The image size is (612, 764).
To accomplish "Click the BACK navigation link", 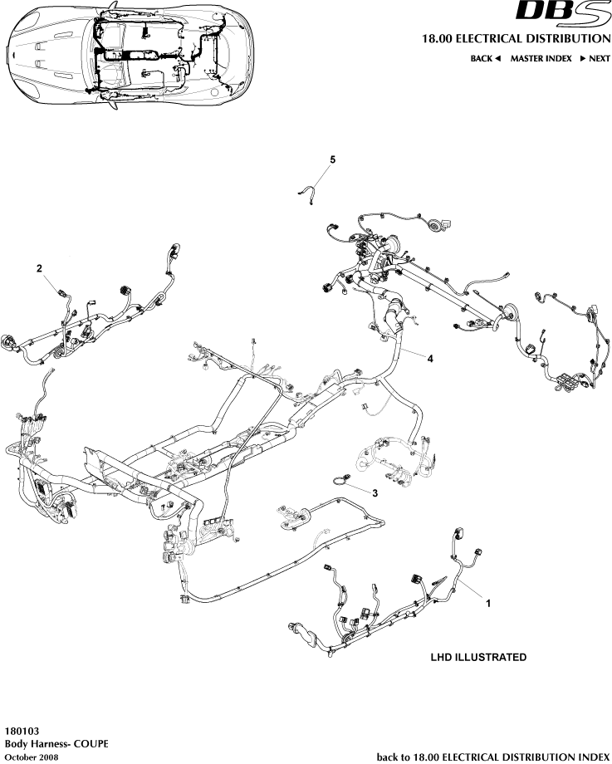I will click(482, 59).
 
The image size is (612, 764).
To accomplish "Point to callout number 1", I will click(487, 604).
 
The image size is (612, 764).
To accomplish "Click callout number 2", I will click(39, 268).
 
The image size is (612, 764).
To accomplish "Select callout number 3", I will click(375, 492).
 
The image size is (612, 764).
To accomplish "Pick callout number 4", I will click(429, 358).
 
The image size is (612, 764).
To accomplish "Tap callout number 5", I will click(332, 159).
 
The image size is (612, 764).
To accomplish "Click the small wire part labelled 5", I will click(308, 192).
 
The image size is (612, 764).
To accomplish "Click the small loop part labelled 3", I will click(340, 477).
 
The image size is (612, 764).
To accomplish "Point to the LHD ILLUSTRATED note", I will click(477, 657).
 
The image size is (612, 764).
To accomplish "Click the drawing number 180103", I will click(21, 732).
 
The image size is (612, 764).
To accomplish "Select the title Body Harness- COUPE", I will click(56, 744).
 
